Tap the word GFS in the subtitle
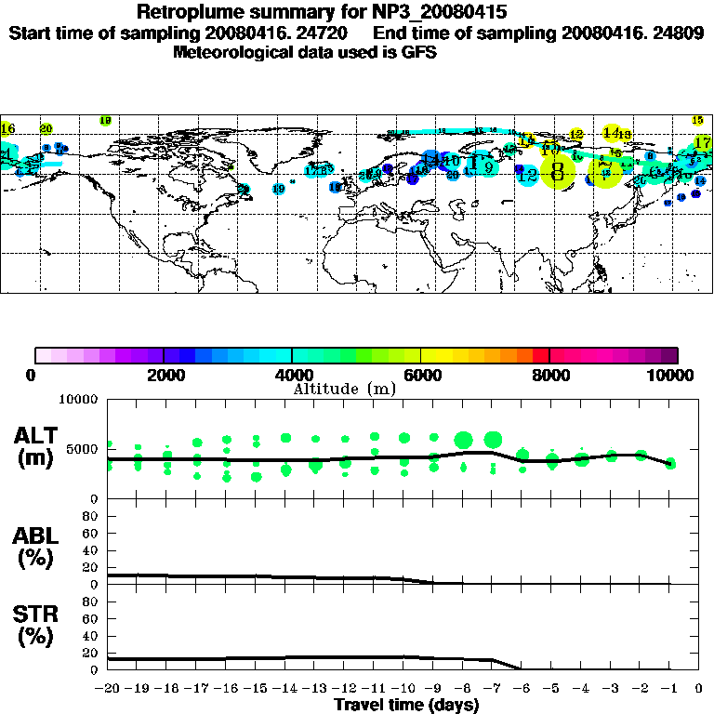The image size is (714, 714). click(419, 53)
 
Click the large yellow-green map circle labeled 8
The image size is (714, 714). click(558, 172)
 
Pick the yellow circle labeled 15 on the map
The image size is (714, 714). click(697, 120)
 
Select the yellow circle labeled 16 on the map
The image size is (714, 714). click(8, 128)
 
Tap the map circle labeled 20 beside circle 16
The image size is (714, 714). click(46, 128)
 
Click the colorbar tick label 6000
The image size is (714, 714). click(421, 375)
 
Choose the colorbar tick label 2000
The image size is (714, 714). click(164, 375)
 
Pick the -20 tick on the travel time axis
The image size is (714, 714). click(108, 689)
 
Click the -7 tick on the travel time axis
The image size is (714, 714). click(491, 689)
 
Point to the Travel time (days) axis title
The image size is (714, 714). click(406, 705)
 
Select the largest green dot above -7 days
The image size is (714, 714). click(493, 439)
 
